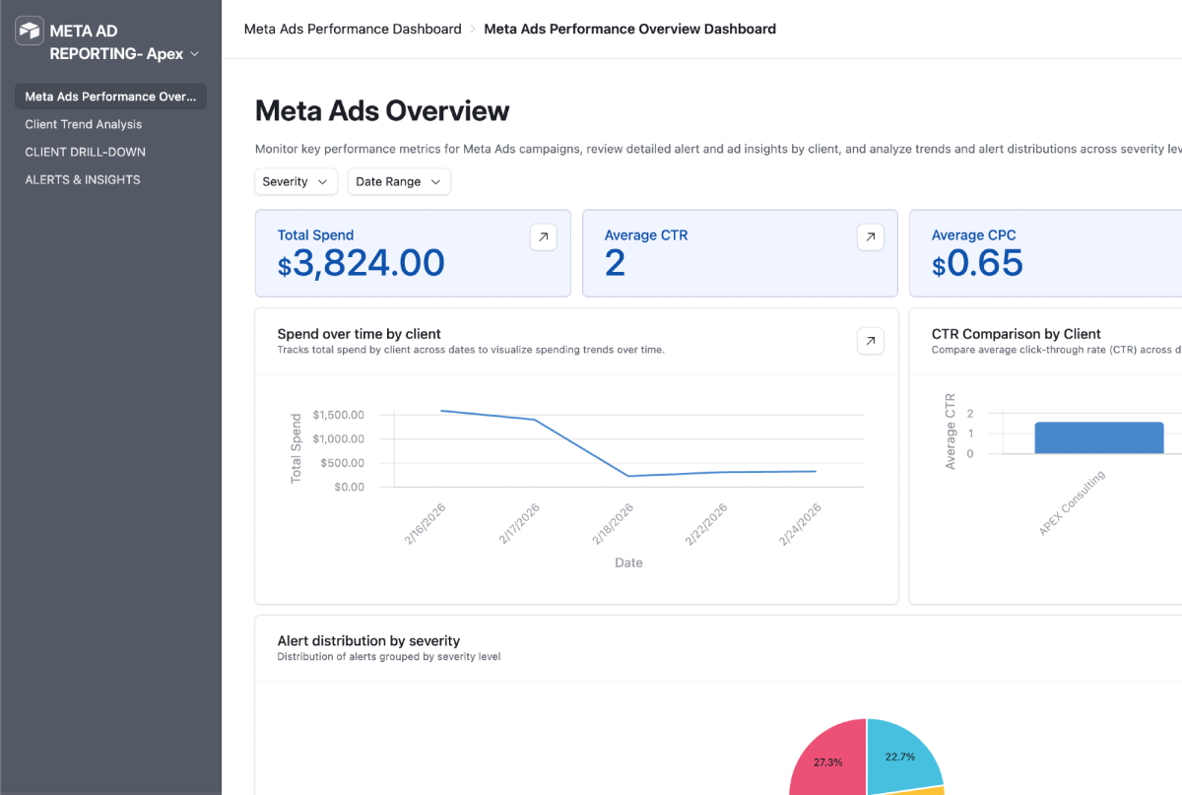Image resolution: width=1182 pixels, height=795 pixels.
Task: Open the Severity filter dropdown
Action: (295, 181)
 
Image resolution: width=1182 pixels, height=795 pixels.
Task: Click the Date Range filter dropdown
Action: (398, 181)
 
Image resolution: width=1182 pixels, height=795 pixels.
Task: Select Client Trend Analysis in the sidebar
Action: (84, 124)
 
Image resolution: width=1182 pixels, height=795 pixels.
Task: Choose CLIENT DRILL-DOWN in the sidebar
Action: (85, 152)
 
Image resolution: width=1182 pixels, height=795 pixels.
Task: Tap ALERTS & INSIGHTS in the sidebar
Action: (83, 179)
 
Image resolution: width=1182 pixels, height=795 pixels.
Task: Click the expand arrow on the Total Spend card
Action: (543, 237)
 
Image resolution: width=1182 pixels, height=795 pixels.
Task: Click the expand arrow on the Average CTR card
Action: (870, 237)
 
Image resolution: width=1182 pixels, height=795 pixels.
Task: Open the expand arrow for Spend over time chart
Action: (870, 341)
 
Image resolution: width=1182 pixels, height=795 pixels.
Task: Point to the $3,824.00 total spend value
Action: (361, 263)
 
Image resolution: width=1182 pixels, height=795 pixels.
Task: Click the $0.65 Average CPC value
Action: (977, 263)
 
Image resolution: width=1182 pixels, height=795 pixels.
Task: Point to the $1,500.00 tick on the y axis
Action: (338, 415)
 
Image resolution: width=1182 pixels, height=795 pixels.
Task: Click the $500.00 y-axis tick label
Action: (342, 463)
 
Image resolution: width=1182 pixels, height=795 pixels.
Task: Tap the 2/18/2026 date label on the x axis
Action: (613, 524)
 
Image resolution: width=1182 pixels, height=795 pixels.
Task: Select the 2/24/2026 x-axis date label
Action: (800, 524)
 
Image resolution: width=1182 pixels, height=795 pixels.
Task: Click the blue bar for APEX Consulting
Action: (1099, 437)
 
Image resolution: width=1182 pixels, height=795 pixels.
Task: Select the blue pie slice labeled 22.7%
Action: (901, 755)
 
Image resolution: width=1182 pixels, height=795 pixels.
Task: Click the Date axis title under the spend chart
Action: (628, 563)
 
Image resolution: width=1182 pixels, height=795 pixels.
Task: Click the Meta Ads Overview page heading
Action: (382, 111)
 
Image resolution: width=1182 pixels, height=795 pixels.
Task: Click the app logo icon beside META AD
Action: (29, 31)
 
